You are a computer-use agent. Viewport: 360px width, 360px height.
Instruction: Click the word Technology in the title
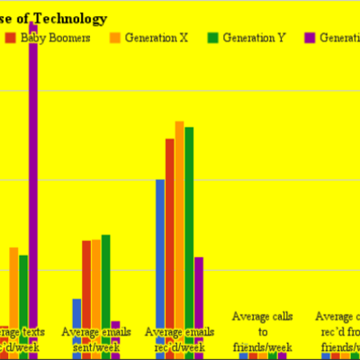coord(69,19)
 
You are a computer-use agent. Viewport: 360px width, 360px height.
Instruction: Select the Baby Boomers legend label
coord(51,38)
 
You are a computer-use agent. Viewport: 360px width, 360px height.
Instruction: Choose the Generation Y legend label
coord(256,38)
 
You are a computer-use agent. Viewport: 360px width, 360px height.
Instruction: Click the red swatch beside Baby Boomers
coord(10,38)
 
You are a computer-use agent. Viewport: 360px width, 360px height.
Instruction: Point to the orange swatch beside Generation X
coord(114,38)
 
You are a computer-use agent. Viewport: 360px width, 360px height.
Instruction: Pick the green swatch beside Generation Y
coord(214,38)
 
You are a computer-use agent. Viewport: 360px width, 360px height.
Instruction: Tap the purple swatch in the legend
coord(311,38)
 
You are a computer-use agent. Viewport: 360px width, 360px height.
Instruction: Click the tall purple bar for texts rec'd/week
coord(33,180)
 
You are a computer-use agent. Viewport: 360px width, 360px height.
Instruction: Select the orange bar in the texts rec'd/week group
coord(14,288)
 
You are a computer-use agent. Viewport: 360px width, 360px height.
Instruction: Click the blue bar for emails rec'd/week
coord(160,252)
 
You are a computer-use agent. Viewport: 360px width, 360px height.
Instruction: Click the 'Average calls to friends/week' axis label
coord(263,331)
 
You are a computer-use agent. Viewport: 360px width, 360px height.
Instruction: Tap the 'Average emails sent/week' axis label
coord(96,339)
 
